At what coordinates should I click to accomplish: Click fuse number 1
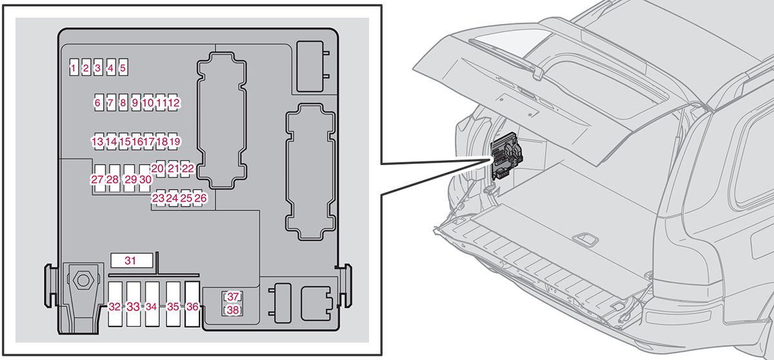coord(74,67)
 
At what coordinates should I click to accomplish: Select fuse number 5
coord(123,67)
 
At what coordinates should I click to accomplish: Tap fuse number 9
coord(135,103)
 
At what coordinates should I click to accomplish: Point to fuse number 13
coord(97,141)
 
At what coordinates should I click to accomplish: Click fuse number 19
coord(174,141)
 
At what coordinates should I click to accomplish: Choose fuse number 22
coord(188,168)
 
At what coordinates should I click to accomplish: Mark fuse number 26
coord(201,198)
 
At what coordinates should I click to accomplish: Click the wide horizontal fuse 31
coord(132,261)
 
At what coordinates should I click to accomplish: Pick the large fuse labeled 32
coord(115,306)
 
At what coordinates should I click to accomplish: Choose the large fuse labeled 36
coord(192,306)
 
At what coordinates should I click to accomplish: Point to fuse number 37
coord(233,297)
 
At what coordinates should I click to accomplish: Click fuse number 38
coord(233,310)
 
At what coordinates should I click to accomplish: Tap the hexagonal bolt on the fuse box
coord(83,280)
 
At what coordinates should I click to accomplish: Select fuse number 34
coord(152,306)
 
